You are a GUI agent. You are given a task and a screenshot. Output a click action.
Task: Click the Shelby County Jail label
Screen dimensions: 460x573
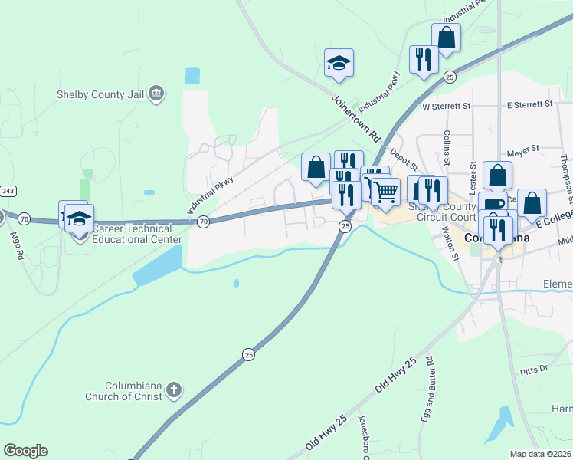tap(101, 94)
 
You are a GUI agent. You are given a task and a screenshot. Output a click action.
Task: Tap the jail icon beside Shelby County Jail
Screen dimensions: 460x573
tap(156, 94)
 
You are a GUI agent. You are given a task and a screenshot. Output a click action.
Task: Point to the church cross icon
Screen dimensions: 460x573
tap(174, 390)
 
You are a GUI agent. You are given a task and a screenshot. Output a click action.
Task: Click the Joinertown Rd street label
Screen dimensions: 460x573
tap(356, 117)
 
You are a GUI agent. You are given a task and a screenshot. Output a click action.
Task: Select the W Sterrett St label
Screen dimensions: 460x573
tap(445, 104)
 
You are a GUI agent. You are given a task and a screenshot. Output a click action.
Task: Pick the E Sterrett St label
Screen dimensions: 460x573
tap(530, 104)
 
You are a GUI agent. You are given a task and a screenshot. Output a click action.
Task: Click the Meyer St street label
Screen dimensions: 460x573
tap(525, 147)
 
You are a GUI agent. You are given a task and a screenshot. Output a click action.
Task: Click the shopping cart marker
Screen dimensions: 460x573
tap(385, 190)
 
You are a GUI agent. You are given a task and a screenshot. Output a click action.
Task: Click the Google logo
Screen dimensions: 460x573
tap(25, 452)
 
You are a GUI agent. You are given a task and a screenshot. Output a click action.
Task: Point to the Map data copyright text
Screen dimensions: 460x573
tap(540, 454)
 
